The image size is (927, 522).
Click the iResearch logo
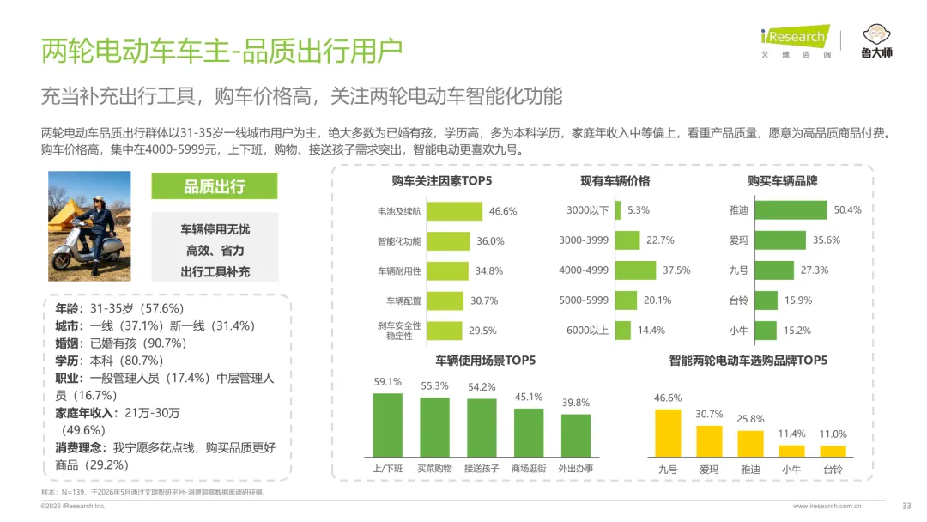tap(796, 41)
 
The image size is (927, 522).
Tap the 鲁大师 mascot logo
tap(876, 41)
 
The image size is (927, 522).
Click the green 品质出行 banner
tap(214, 186)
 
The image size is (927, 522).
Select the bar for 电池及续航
tap(455, 211)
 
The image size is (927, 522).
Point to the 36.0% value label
tap(490, 241)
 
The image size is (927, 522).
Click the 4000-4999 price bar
tap(635, 270)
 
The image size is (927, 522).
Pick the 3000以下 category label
tap(587, 210)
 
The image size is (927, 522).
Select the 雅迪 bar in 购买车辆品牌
tap(791, 209)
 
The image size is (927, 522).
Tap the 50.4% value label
tap(847, 209)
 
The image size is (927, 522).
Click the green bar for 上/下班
tap(388, 425)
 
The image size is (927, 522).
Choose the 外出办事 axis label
tap(576, 469)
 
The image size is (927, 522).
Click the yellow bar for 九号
tap(668, 434)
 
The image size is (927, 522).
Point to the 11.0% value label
tap(833, 434)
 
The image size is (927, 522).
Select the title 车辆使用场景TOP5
tap(485, 360)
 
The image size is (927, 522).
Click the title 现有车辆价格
tap(615, 181)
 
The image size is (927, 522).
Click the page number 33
tap(906, 506)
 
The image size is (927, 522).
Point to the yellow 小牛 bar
tap(791, 451)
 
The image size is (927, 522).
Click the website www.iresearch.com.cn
tap(827, 506)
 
